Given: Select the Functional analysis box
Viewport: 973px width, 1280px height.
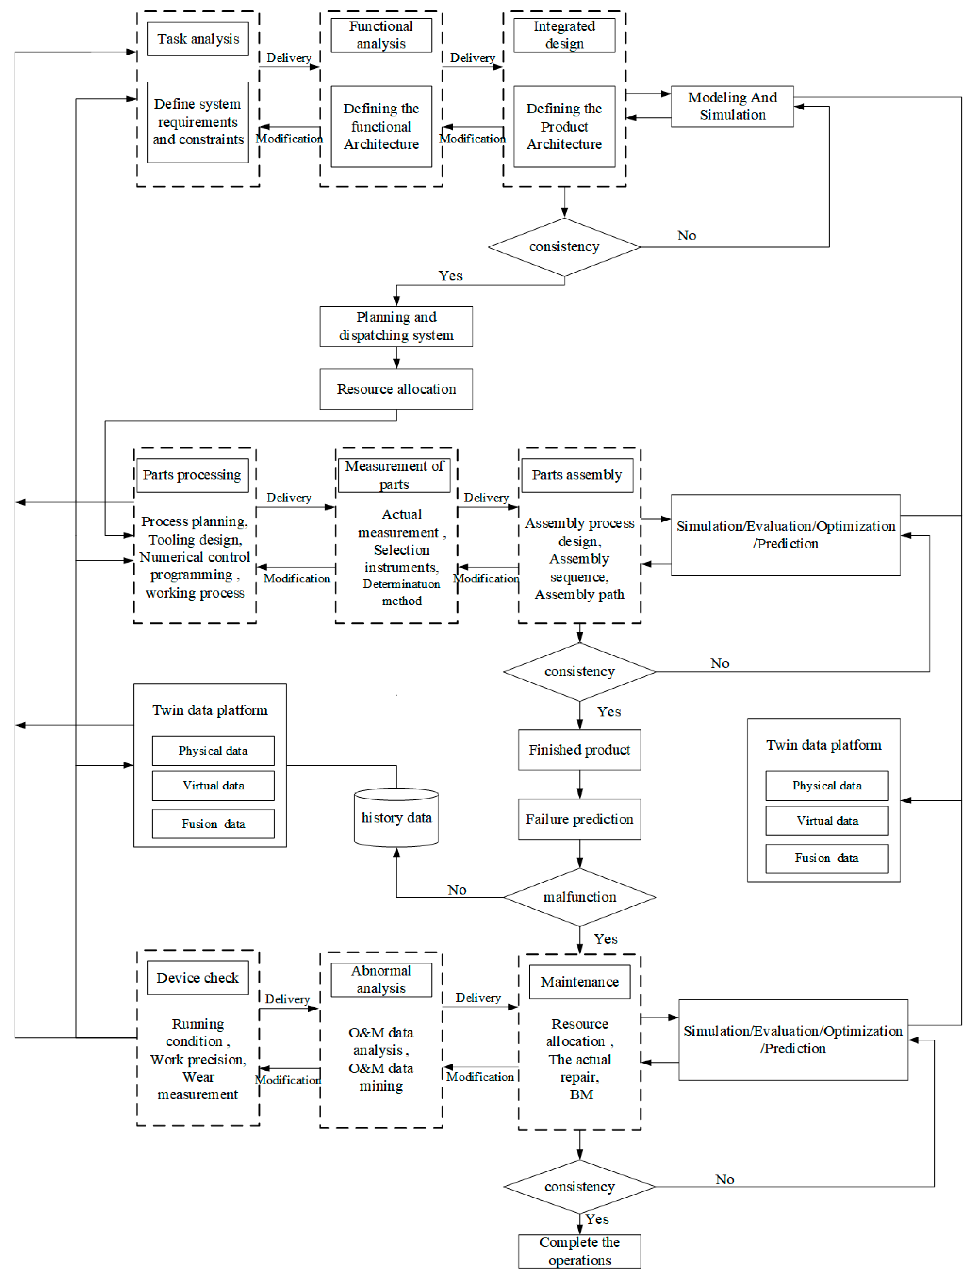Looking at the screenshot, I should pyautogui.click(x=381, y=35).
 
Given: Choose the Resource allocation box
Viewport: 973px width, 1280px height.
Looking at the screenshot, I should pyautogui.click(x=396, y=389).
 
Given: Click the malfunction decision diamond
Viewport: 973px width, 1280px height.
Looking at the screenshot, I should pyautogui.click(x=579, y=897).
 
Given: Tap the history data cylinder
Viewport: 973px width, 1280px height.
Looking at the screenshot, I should pyautogui.click(x=396, y=817).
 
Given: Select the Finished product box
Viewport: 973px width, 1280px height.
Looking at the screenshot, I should pyautogui.click(x=579, y=750).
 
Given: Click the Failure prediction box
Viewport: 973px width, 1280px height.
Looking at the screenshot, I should pyautogui.click(x=579, y=819).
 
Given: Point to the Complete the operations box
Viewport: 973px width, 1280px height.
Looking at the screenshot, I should pyautogui.click(x=579, y=1251).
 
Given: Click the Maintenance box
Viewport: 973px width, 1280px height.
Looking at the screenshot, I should pyautogui.click(x=579, y=982).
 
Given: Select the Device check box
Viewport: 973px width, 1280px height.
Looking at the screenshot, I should pyautogui.click(x=197, y=978).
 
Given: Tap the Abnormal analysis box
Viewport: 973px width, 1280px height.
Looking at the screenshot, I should pyautogui.click(x=381, y=980).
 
